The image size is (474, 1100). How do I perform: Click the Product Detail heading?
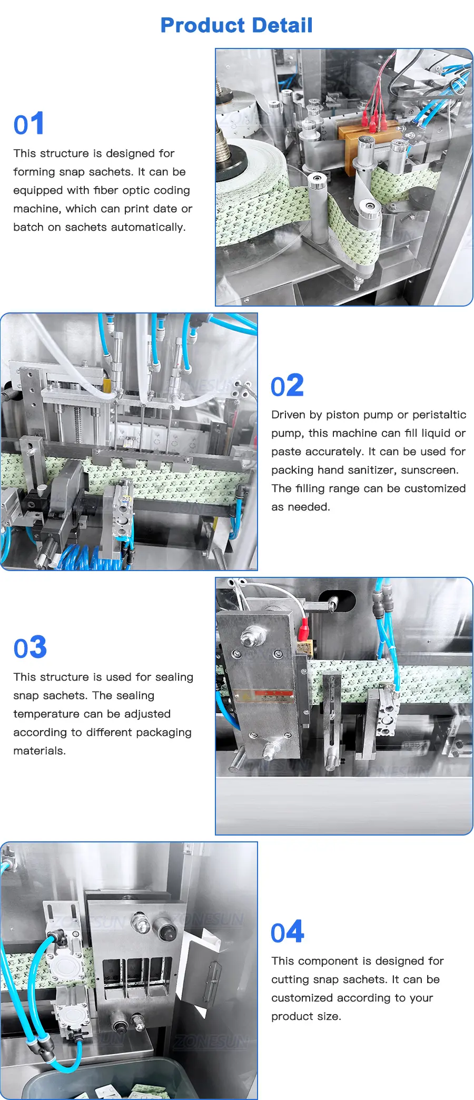tap(236, 25)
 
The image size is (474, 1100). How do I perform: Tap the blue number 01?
tap(29, 124)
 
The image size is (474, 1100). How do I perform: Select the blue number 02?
tap(287, 386)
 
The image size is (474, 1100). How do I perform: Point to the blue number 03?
tap(30, 647)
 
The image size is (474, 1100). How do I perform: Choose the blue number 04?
tap(288, 932)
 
